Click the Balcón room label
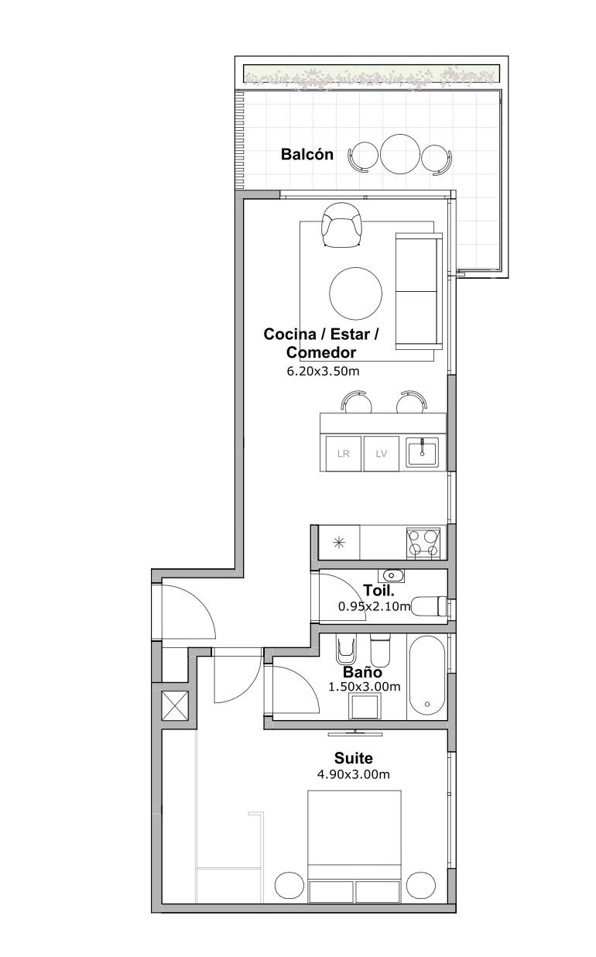click(307, 154)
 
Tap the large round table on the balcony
click(399, 154)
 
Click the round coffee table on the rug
click(355, 293)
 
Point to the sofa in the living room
click(419, 291)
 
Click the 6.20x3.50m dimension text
click(323, 372)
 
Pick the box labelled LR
click(343, 453)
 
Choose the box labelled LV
click(381, 453)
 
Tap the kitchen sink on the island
click(422, 452)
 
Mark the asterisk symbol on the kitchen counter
click(339, 543)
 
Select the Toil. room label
click(378, 591)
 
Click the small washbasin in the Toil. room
click(391, 576)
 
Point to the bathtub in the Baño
click(426, 676)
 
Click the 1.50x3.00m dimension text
click(364, 687)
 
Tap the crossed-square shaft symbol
click(175, 707)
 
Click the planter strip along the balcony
click(372, 74)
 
